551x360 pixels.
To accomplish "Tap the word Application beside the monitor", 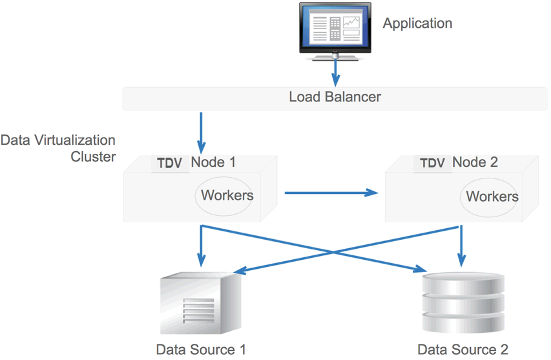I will click(417, 24).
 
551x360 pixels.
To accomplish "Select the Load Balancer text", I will click(335, 98).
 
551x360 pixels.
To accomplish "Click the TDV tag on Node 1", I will click(170, 163).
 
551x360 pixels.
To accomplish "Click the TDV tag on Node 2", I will click(432, 163).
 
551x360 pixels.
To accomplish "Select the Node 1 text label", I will click(213, 162).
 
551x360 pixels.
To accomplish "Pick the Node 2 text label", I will click(475, 162).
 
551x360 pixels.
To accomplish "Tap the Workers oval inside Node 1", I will click(227, 195).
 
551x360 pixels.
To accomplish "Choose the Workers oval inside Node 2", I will click(492, 196).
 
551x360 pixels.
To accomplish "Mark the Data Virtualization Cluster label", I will click(58, 148).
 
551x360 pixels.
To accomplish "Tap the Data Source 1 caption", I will click(201, 350).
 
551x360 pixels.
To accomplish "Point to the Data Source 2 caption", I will click(463, 350).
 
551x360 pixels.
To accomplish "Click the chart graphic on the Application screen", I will click(351, 24).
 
